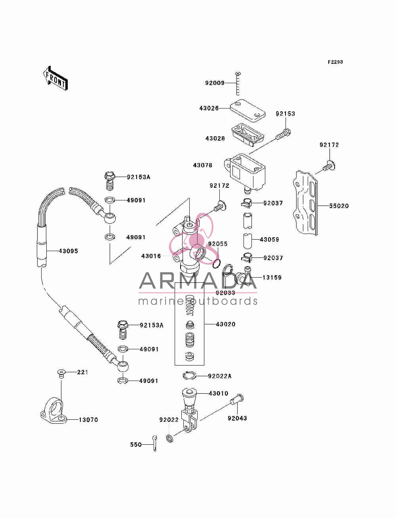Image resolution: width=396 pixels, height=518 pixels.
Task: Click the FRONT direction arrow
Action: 55,78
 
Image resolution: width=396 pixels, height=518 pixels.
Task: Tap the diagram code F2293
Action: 335,62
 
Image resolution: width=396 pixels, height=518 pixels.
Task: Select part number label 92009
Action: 215,83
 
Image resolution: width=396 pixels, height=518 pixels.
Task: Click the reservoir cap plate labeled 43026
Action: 247,110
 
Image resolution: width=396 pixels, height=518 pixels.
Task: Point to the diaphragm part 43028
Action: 247,134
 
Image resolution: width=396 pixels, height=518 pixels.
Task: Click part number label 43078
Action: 203,165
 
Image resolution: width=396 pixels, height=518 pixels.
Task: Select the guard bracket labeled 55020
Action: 305,203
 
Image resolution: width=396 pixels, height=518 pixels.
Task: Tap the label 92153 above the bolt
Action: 286,114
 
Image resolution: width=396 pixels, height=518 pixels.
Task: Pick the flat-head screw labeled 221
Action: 61,374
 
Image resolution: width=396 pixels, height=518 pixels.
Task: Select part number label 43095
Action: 68,251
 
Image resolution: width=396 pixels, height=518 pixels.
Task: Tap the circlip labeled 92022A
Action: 189,375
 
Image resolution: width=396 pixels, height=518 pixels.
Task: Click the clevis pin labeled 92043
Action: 237,399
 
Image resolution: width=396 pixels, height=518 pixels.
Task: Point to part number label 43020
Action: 226,324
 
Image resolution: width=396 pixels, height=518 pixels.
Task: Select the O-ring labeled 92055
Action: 217,264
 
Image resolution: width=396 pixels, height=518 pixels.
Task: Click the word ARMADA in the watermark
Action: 198,281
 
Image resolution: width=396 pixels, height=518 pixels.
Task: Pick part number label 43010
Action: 219,393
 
